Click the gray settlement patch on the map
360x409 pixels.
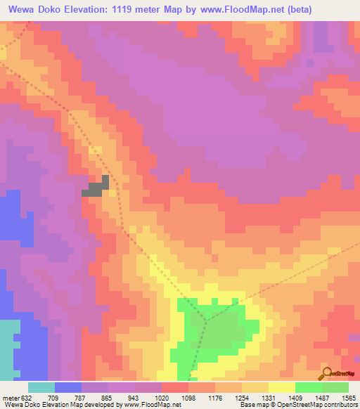pos(97,186)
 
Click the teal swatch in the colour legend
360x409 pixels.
pos(41,387)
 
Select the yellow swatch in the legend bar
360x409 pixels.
pos(281,387)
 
